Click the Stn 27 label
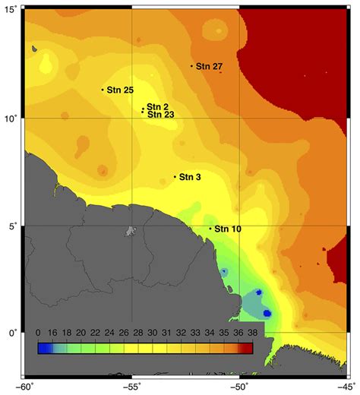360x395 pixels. pos(209,67)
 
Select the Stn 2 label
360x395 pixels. pos(157,106)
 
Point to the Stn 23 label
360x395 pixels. pos(160,115)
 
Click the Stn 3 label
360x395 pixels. pos(191,177)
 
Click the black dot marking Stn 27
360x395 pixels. pos(191,66)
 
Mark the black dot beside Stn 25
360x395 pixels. pos(103,90)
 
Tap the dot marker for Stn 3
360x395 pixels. pos(175,177)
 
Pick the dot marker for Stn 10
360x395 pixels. pos(210,228)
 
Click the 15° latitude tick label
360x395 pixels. pos(11,13)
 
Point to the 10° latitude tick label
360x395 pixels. pos(11,119)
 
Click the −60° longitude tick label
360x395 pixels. pos(25,387)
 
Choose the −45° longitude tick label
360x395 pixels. pos(346,387)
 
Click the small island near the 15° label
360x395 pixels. pos(35,51)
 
